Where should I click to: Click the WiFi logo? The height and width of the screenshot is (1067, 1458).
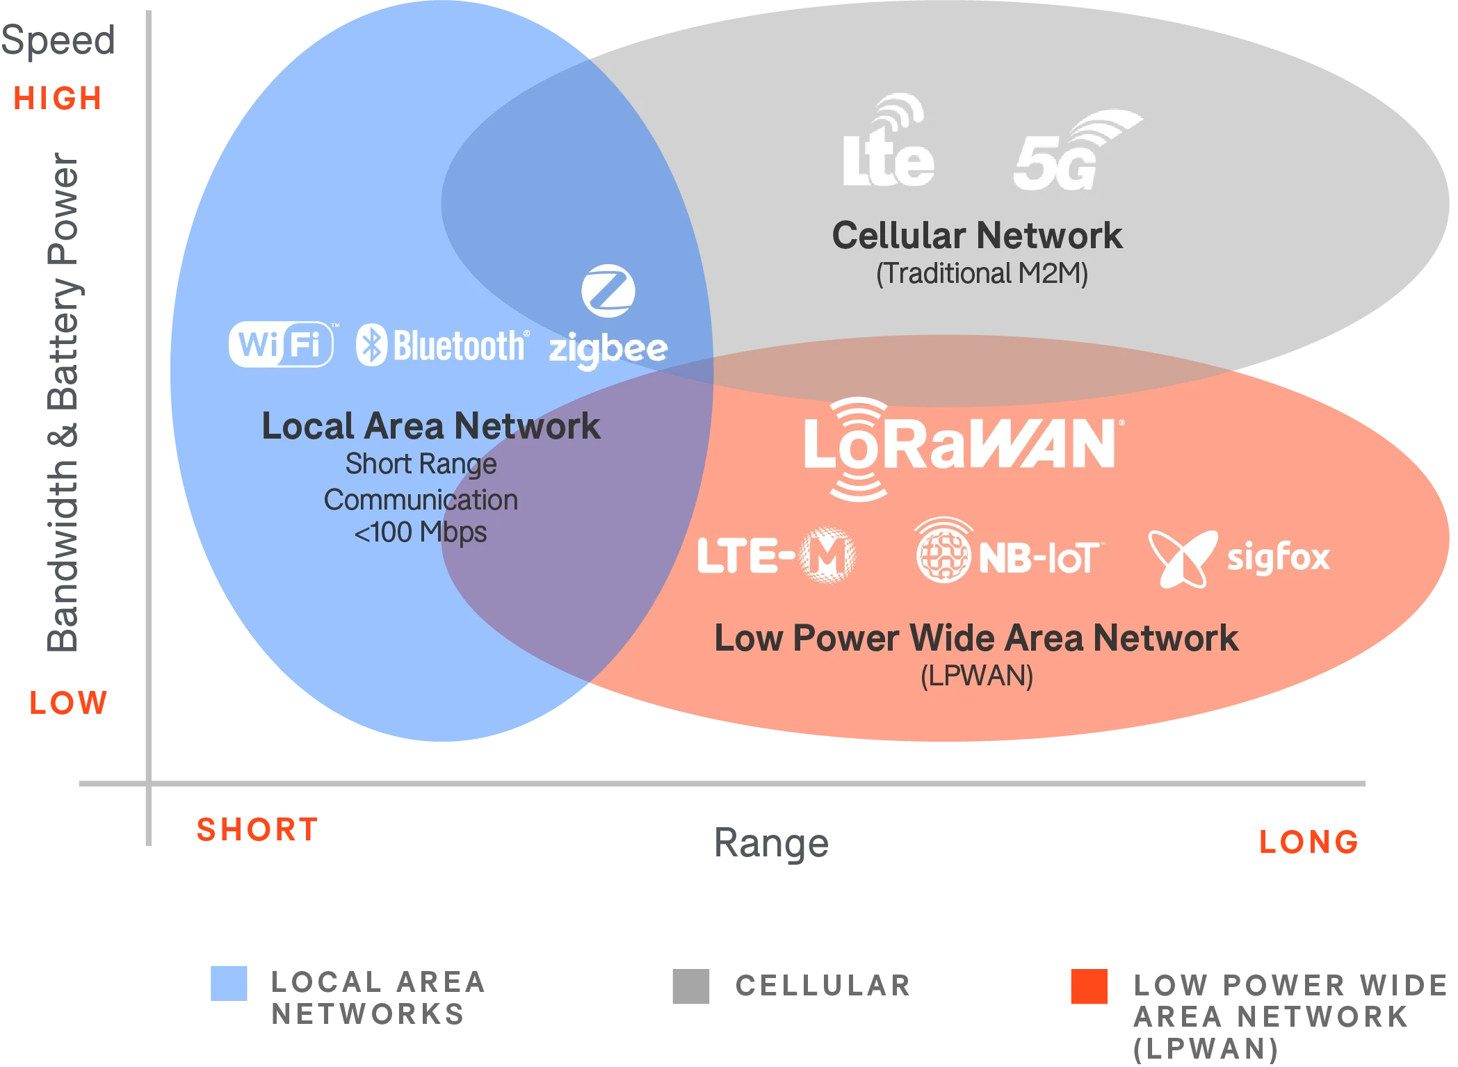tap(281, 343)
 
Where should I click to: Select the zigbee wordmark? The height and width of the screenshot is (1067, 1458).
tap(608, 349)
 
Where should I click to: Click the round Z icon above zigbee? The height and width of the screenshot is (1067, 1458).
tap(608, 291)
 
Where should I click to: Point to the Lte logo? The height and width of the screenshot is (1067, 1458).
tap(888, 142)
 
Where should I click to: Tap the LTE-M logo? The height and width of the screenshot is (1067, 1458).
tap(776, 555)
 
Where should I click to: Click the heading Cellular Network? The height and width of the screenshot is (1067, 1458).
tap(977, 236)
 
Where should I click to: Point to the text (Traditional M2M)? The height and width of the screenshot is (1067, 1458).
tap(982, 273)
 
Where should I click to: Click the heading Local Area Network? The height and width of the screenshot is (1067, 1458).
tap(430, 426)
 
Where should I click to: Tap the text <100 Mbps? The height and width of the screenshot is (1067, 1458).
tap(421, 533)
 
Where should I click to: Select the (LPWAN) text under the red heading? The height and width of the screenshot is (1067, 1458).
tap(977, 676)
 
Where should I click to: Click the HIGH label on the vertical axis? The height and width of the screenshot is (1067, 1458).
tap(56, 98)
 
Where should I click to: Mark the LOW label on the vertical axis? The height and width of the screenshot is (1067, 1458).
tap(68, 703)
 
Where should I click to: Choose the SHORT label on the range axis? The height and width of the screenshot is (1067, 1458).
tap(256, 831)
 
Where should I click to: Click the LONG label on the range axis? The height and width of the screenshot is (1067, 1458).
tap(1307, 842)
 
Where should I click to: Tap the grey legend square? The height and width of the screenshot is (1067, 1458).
tap(689, 986)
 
